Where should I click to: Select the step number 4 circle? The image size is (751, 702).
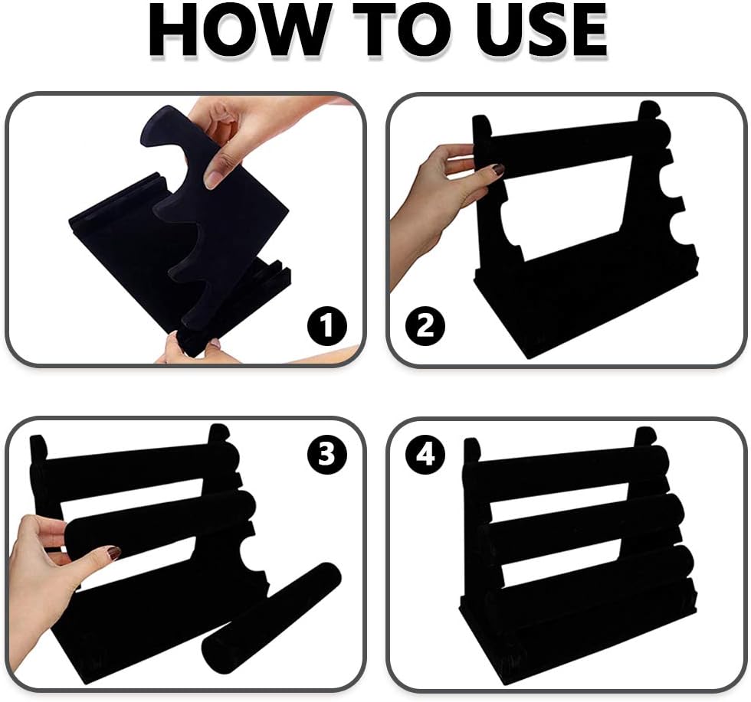tap(424, 456)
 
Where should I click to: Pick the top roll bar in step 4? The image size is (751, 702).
tap(567, 471)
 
